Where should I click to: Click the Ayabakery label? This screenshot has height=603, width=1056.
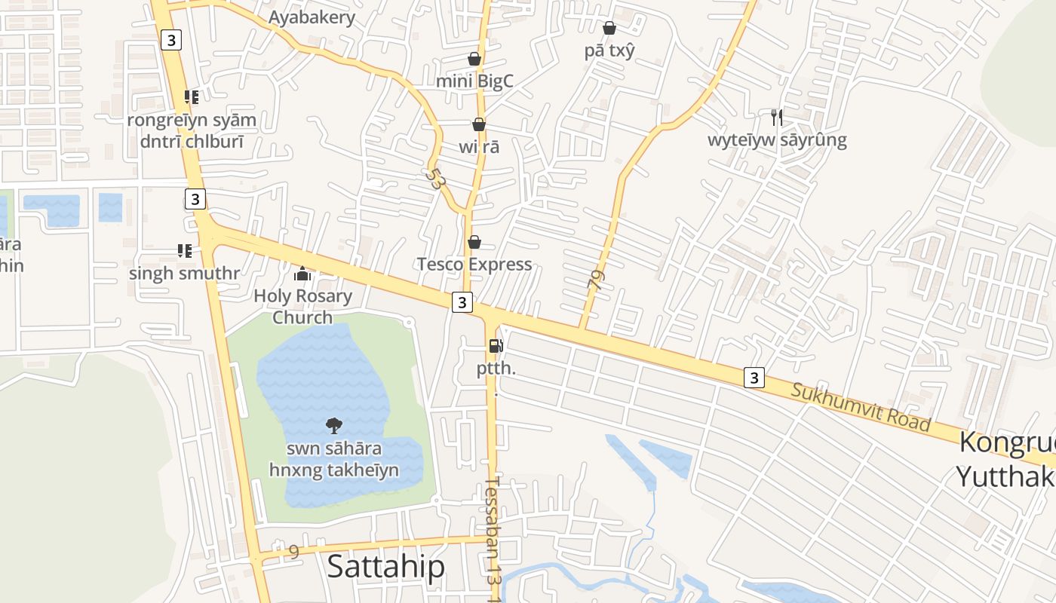pyautogui.click(x=312, y=17)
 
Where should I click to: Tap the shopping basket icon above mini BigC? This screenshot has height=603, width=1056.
pyautogui.click(x=474, y=59)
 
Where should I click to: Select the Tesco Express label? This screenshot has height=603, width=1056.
pyautogui.click(x=474, y=264)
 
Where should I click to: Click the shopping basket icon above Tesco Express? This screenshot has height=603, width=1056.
pyautogui.click(x=474, y=242)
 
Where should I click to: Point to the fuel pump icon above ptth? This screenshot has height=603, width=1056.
pyautogui.click(x=496, y=346)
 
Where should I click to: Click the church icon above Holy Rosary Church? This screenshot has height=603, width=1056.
pyautogui.click(x=302, y=274)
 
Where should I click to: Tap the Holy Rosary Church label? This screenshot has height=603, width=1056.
pyautogui.click(x=302, y=306)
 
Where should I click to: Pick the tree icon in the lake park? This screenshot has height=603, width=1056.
pyautogui.click(x=334, y=426)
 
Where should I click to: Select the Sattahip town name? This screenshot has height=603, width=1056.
pyautogui.click(x=385, y=567)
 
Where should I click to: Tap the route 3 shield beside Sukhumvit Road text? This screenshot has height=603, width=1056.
pyautogui.click(x=754, y=378)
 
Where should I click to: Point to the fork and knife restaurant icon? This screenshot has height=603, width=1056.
pyautogui.click(x=777, y=117)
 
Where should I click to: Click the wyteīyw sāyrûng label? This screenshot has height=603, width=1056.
pyautogui.click(x=777, y=139)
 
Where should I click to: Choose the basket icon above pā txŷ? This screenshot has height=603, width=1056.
pyautogui.click(x=609, y=28)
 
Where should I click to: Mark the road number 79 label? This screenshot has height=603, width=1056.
pyautogui.click(x=596, y=281)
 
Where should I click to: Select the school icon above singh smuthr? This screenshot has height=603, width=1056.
pyautogui.click(x=184, y=250)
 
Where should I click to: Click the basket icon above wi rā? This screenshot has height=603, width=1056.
pyautogui.click(x=479, y=124)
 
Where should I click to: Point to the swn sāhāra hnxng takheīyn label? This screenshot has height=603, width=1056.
pyautogui.click(x=334, y=460)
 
